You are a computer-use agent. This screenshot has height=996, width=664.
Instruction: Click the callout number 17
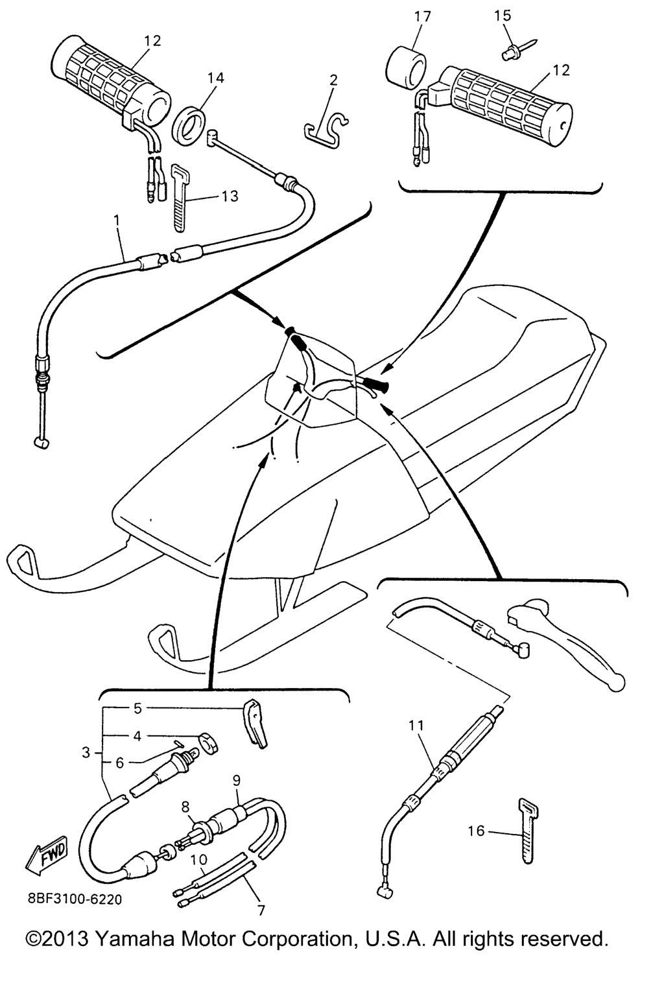(423, 17)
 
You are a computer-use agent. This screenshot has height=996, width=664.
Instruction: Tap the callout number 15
(503, 16)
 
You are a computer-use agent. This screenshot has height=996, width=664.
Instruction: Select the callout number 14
(215, 78)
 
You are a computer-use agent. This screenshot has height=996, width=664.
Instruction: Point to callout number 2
(333, 80)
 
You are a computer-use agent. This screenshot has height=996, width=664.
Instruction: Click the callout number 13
(230, 196)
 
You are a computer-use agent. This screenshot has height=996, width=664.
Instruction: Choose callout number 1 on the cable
(117, 220)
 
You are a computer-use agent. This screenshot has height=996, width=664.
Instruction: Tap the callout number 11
(416, 726)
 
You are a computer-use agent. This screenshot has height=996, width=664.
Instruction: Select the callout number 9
(237, 780)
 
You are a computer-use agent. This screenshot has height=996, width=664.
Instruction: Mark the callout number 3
(86, 752)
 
